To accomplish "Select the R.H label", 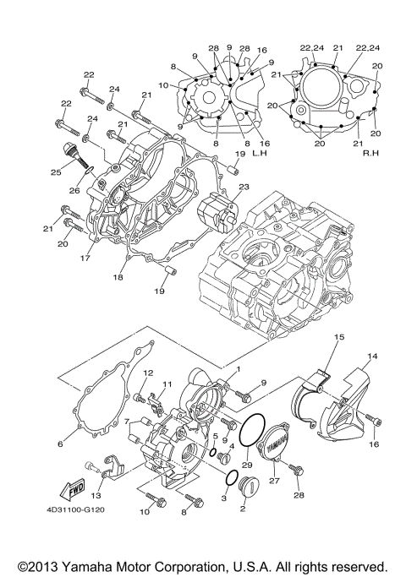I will [x=369, y=155].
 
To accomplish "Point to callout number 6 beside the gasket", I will [x=60, y=443].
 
